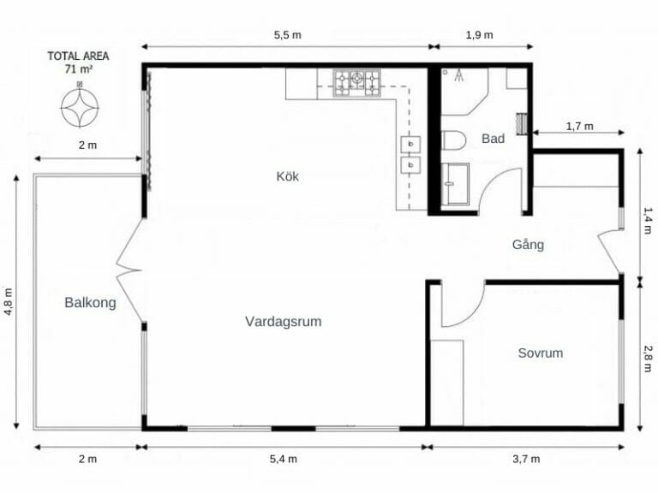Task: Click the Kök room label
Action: pyautogui.click(x=288, y=176)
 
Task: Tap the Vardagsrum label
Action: pyautogui.click(x=284, y=322)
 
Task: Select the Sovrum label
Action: pyautogui.click(x=540, y=353)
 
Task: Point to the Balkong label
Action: pyautogui.click(x=90, y=302)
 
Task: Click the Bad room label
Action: pyautogui.click(x=493, y=139)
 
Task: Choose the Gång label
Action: pyautogui.click(x=528, y=244)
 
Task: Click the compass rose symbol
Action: pyautogui.click(x=80, y=106)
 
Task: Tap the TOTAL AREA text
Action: pyautogui.click(x=78, y=56)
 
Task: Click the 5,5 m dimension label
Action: pyautogui.click(x=288, y=35)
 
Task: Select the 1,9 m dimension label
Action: pyautogui.click(x=479, y=35)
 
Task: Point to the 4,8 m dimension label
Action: pyautogui.click(x=9, y=301)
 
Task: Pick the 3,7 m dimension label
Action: pyautogui.click(x=526, y=459)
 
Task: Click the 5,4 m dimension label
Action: pyautogui.click(x=284, y=459)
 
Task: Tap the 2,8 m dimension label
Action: pyautogui.click(x=649, y=358)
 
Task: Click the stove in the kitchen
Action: pyautogui.click(x=356, y=83)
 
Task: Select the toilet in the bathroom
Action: pyautogui.click(x=453, y=140)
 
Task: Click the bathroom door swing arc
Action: pyautogui.click(x=491, y=181)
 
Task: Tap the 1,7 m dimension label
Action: pyautogui.click(x=579, y=126)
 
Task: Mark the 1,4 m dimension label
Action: pyautogui.click(x=649, y=221)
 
